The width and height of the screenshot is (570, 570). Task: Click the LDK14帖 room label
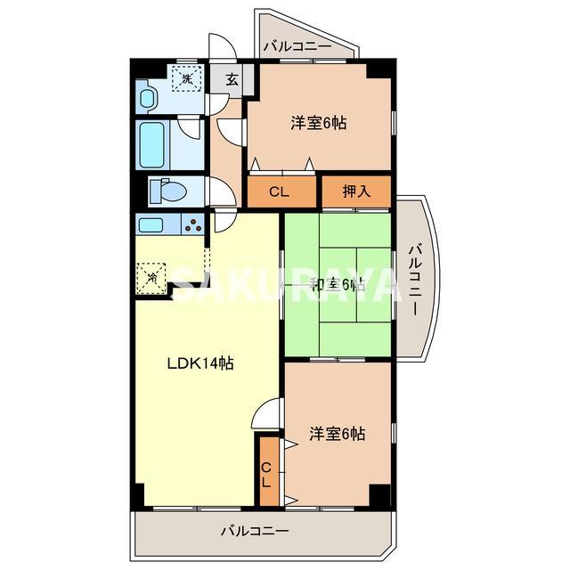[x=201, y=363]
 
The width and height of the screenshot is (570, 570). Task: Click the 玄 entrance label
[x=231, y=79]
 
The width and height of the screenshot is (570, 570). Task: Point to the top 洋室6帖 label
[x=318, y=124]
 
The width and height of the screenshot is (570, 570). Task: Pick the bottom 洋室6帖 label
[x=337, y=434]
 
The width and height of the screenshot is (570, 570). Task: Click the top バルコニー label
[x=297, y=45]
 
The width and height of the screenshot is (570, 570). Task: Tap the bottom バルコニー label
[x=255, y=532]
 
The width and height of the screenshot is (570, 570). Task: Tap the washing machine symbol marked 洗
[x=186, y=80]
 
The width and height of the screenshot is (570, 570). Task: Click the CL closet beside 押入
[x=279, y=191]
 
